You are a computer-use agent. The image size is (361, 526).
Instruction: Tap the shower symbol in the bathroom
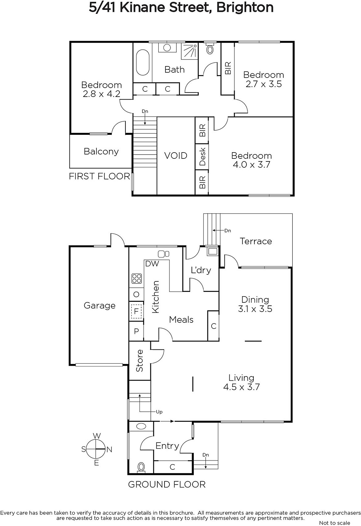[190, 51]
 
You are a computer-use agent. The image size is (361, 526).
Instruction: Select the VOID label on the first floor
[176, 155]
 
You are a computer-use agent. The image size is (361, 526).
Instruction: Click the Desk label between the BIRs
[202, 156]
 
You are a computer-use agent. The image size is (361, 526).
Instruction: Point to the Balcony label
[101, 152]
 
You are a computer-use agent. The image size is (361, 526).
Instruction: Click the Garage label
[99, 305]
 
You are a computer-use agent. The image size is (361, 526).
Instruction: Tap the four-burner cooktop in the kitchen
[137, 279]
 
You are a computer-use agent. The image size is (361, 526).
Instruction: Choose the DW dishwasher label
[152, 264]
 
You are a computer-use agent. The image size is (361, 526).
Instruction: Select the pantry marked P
[136, 331]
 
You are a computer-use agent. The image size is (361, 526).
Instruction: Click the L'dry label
[201, 270]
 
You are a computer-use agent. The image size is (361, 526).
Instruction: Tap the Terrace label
[256, 241]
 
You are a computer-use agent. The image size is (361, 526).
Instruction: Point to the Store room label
[140, 361]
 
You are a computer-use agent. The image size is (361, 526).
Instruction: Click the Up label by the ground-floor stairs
[159, 412]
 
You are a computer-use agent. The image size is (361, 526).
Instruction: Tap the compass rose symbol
[96, 449]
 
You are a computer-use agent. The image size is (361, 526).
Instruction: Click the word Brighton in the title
[245, 8]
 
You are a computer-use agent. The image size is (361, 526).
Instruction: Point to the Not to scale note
[335, 523]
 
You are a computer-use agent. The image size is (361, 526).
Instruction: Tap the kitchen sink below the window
[164, 254]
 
